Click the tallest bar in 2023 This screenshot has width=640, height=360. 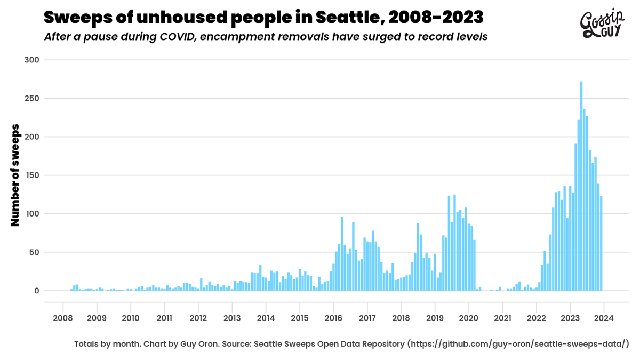point(581,186)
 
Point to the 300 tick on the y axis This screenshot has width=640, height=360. point(32,60)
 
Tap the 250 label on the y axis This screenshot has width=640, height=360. point(32,98)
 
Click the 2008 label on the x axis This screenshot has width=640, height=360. point(63,318)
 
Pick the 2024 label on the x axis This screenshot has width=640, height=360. point(604,318)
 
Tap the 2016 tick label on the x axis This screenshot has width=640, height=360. point(333,318)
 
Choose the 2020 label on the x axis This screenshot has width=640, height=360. point(468,318)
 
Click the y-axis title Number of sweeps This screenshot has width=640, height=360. point(15,175)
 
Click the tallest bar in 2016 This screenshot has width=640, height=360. point(342,254)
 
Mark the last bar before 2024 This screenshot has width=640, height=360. point(601,243)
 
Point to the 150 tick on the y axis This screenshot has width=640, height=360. point(32,175)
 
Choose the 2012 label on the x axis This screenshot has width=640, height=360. point(198,318)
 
